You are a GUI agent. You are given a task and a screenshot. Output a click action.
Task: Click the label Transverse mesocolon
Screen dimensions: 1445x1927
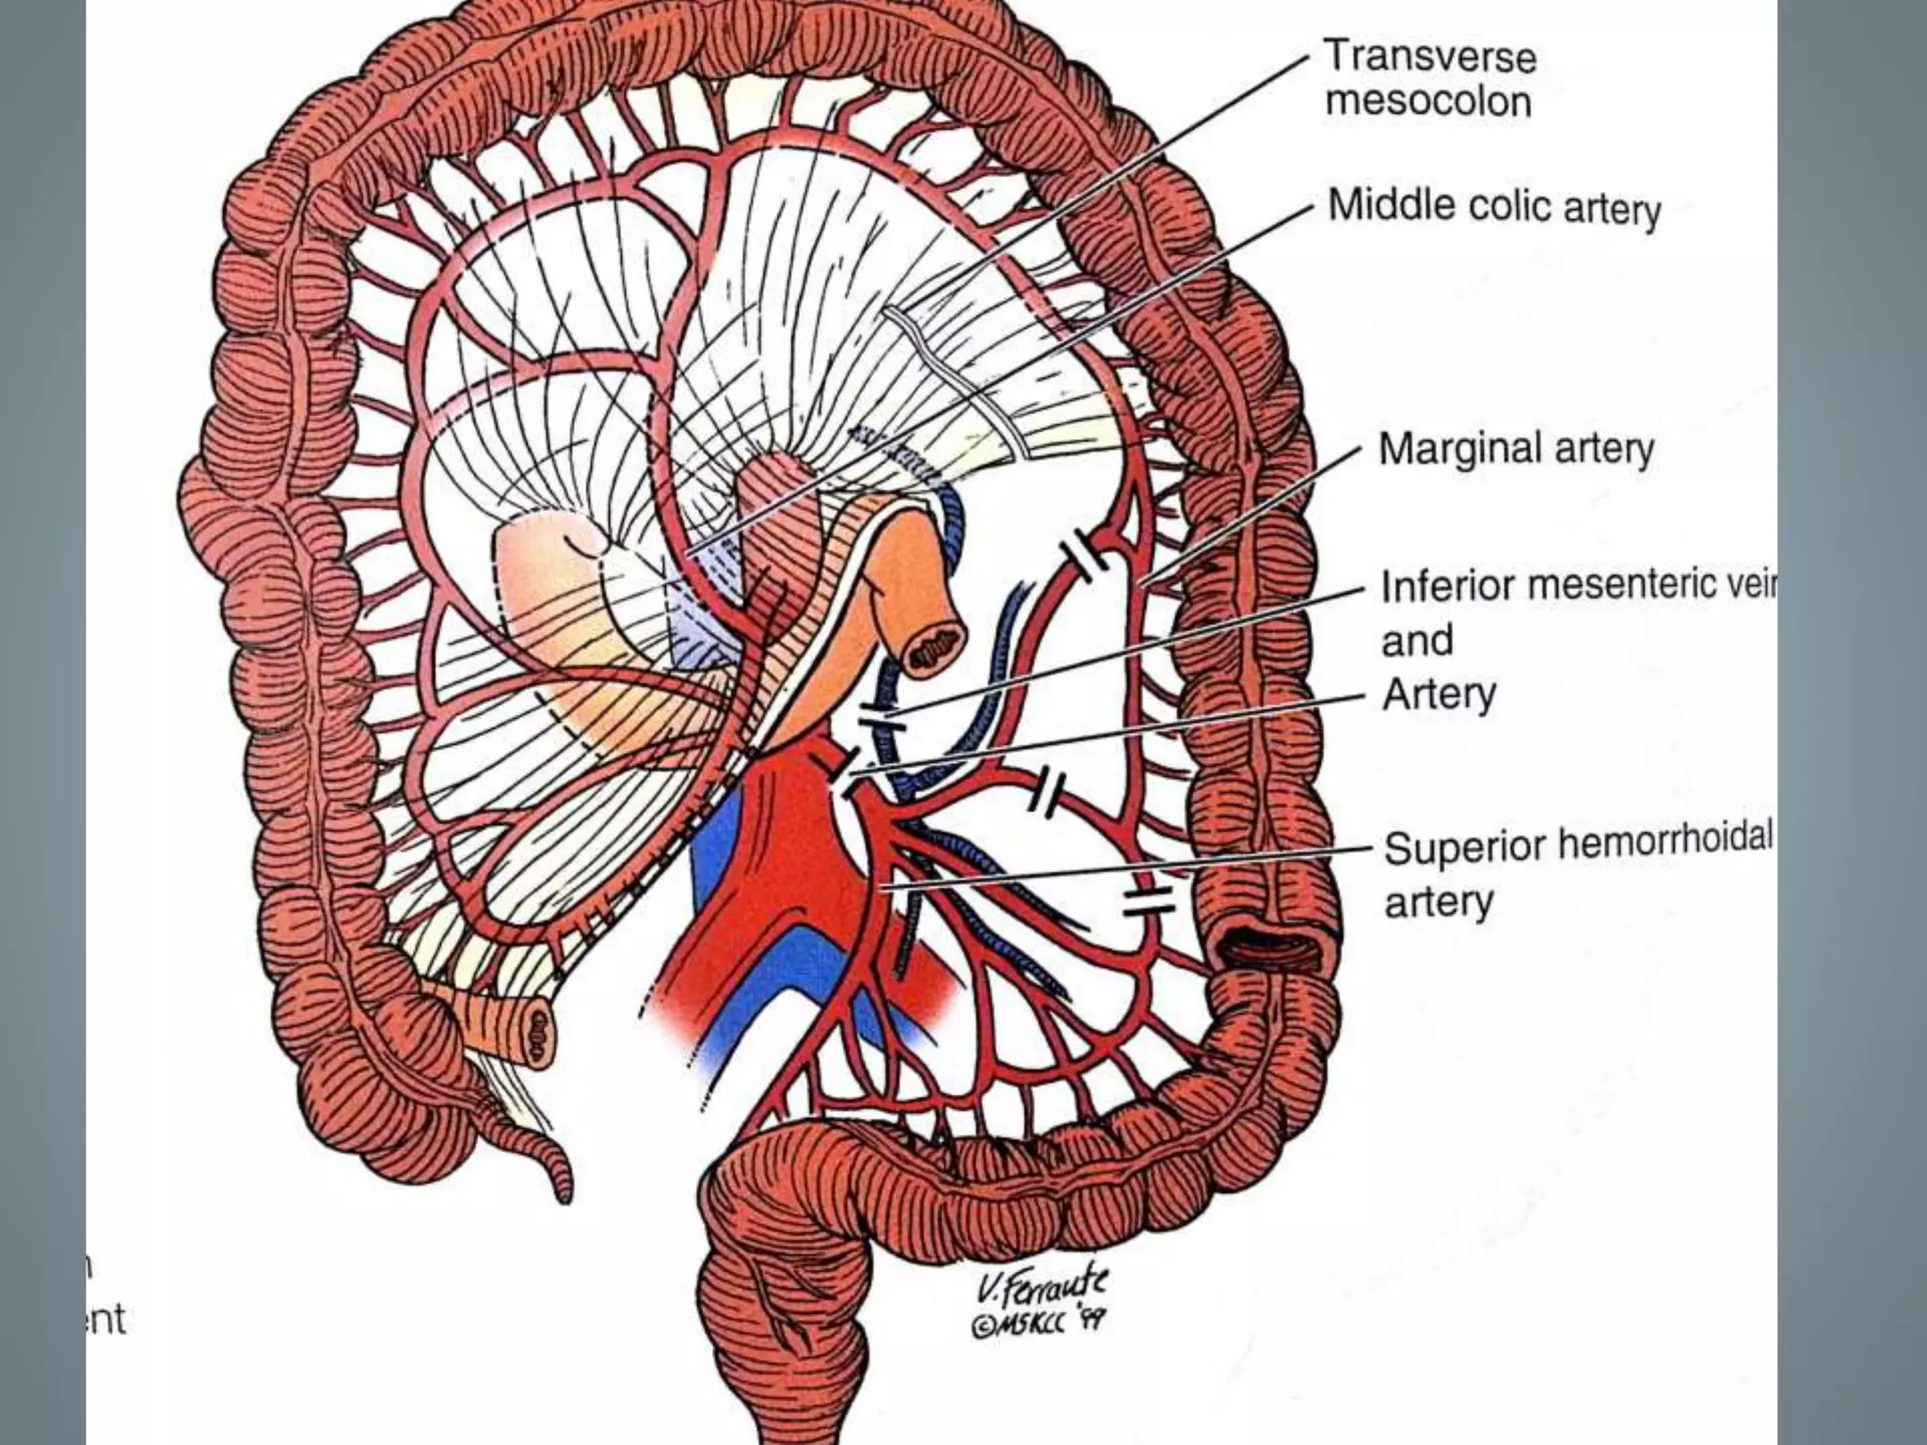[1429, 79]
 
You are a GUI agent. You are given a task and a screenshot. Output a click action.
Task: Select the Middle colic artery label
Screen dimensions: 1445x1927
[1493, 207]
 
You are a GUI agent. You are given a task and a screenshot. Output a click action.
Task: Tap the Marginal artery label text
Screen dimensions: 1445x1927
[1515, 449]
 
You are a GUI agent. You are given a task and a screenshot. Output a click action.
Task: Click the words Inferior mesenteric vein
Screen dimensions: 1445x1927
[1575, 587]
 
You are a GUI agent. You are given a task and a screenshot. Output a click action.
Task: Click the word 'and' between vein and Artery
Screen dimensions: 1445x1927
[1416, 642]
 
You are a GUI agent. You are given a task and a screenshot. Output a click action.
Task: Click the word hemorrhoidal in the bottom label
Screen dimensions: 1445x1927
[1665, 844]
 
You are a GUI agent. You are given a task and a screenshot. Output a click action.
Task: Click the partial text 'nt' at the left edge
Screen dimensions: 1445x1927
[106, 1320]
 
